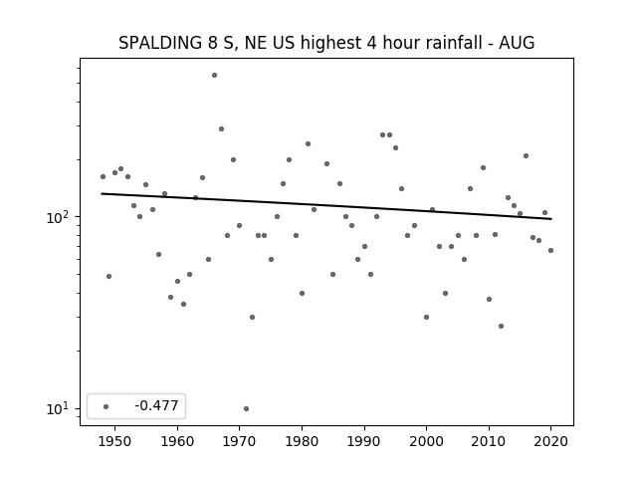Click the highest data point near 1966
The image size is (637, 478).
tap(215, 76)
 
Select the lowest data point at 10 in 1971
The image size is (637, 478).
tap(246, 408)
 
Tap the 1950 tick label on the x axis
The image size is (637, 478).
tap(115, 441)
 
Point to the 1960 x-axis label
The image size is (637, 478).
tap(177, 441)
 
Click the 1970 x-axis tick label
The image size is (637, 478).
tap(240, 441)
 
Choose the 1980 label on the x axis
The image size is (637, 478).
tap(302, 441)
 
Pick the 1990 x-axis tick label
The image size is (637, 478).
tap(364, 441)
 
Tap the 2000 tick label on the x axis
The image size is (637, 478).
tap(427, 441)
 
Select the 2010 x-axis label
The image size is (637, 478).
tap(489, 441)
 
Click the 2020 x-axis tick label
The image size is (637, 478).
tap(550, 441)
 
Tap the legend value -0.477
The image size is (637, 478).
tap(156, 405)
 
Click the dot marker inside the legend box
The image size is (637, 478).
tap(106, 406)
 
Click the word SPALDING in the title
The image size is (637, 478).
tap(160, 43)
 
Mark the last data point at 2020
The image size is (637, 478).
tap(550, 250)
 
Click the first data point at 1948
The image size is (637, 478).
tap(103, 177)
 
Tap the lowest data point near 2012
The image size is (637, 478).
tap(501, 326)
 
